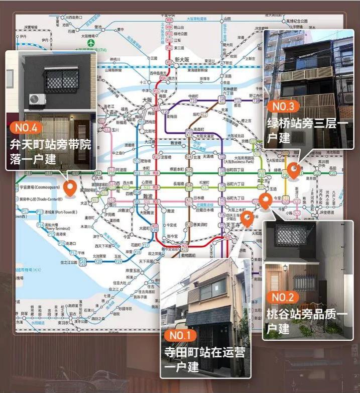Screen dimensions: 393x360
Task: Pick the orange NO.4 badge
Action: pos(26,127)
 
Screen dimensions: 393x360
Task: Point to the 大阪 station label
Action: pos(147,101)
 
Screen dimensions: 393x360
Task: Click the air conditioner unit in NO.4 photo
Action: pos(36,100)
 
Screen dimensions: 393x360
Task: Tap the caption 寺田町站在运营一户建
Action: pos(204,359)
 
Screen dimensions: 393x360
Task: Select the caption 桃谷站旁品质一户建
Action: pos(307,322)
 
